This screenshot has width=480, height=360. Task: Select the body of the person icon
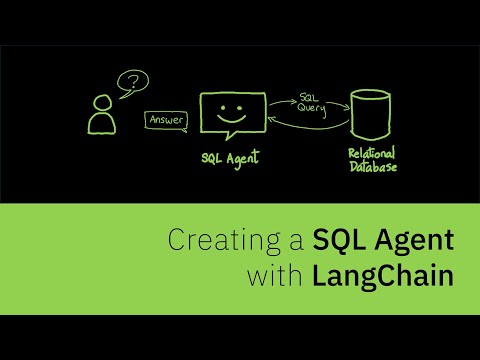[100, 124]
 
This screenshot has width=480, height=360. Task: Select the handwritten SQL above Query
[309, 99]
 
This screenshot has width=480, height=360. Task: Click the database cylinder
[371, 114]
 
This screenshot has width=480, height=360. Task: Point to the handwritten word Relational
[371, 154]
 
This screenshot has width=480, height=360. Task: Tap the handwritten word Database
[371, 167]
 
